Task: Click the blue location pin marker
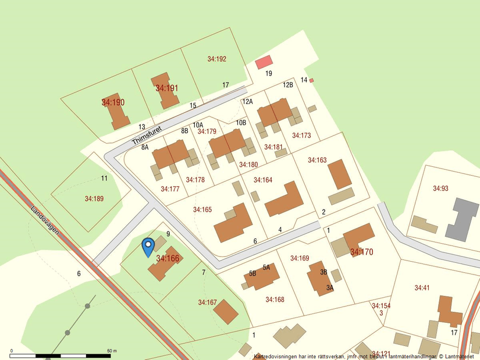[148, 246]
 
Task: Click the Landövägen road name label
[45, 219]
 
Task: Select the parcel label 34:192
[216, 59]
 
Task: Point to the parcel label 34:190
[113, 102]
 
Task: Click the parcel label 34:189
[94, 199]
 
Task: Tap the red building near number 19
[264, 62]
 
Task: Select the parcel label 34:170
[361, 252]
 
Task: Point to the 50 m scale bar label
[112, 351]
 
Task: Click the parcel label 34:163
[317, 160]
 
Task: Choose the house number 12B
[288, 85]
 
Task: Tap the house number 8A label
[145, 148]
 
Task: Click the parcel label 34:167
[207, 302]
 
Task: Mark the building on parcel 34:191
[168, 91]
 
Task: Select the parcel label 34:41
[422, 288]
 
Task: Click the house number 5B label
[253, 273]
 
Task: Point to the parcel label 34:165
[202, 209]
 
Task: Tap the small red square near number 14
[311, 80]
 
